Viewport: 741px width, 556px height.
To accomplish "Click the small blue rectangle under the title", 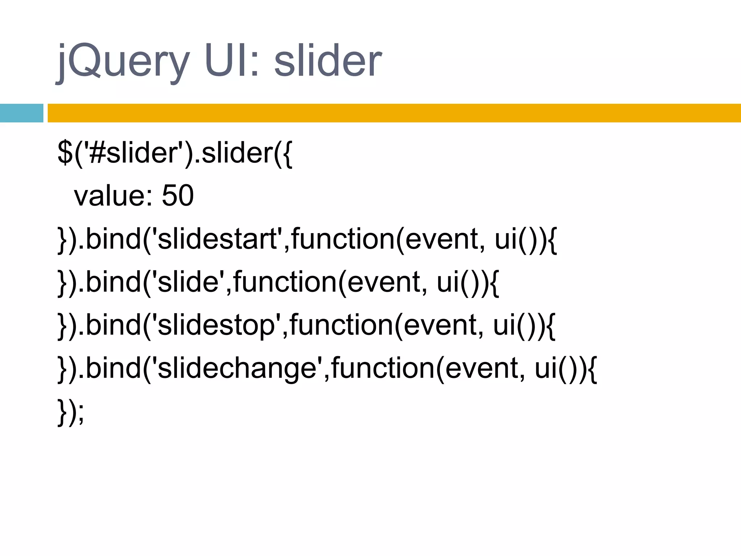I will (21, 113).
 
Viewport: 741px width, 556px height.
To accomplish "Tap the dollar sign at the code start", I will (65, 153).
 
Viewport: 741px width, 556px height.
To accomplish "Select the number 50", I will (178, 195).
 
